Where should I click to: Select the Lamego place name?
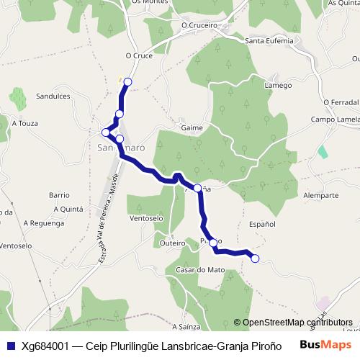point(278,85)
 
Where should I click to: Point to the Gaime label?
point(192,127)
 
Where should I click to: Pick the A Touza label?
point(24,123)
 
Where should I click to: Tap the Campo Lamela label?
point(335,119)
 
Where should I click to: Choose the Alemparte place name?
point(321,195)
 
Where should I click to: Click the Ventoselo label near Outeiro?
point(145,217)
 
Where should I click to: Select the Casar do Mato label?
point(200,270)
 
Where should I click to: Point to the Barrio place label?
point(58,195)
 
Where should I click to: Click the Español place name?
point(262,225)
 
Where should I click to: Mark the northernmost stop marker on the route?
point(128,81)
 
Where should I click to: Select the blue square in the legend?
point(10,345)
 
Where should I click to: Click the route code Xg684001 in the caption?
point(46,345)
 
